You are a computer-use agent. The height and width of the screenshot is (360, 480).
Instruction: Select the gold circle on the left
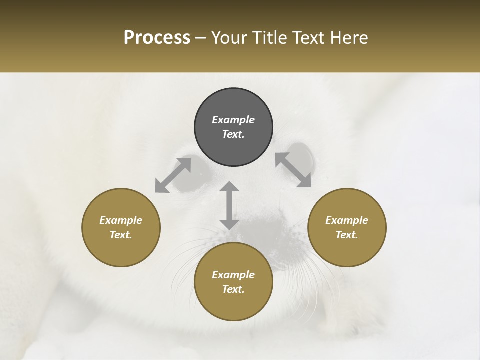(x=121, y=227)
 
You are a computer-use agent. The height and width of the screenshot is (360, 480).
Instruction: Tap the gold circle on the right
(x=347, y=227)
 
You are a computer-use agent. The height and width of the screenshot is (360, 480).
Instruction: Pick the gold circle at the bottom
(x=233, y=282)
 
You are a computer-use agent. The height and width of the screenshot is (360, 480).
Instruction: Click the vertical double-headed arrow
(x=229, y=205)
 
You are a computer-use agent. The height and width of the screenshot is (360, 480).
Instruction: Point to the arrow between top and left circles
(x=173, y=175)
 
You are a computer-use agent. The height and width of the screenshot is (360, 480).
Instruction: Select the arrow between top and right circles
(x=293, y=170)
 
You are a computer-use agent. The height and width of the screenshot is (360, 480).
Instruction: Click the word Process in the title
(x=157, y=38)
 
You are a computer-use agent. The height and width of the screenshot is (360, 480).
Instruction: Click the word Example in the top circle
(x=233, y=120)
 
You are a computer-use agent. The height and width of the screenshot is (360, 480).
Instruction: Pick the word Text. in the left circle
(x=121, y=235)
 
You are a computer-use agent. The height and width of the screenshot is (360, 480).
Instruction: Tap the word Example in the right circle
(x=347, y=220)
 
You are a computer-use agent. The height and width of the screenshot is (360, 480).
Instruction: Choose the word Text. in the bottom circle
(x=233, y=289)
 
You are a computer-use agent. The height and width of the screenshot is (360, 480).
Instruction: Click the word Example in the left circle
(x=121, y=220)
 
